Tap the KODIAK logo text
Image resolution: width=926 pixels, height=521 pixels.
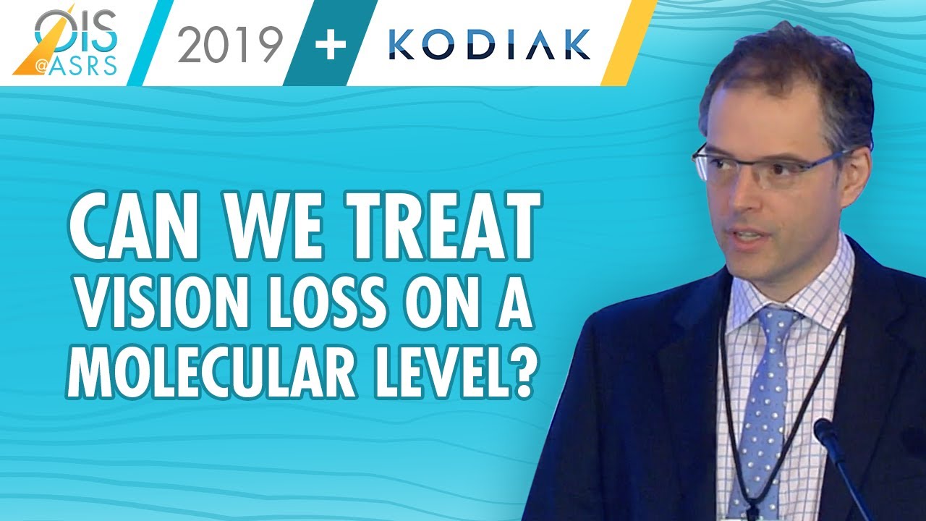tap(489, 46)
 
